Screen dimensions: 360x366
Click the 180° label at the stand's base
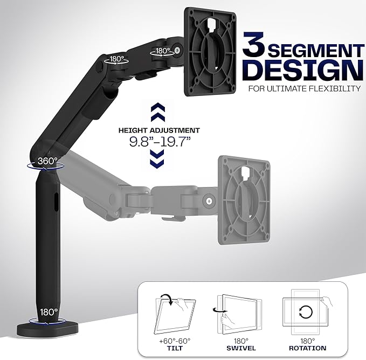[x=48, y=312]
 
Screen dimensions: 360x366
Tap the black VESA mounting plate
[x=212, y=51]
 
